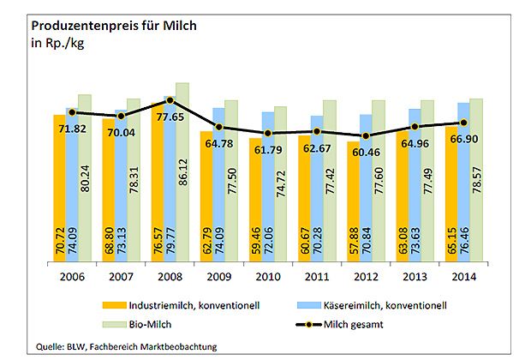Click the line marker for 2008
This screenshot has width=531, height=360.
click(170, 100)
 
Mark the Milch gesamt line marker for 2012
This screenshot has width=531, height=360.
click(367, 135)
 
